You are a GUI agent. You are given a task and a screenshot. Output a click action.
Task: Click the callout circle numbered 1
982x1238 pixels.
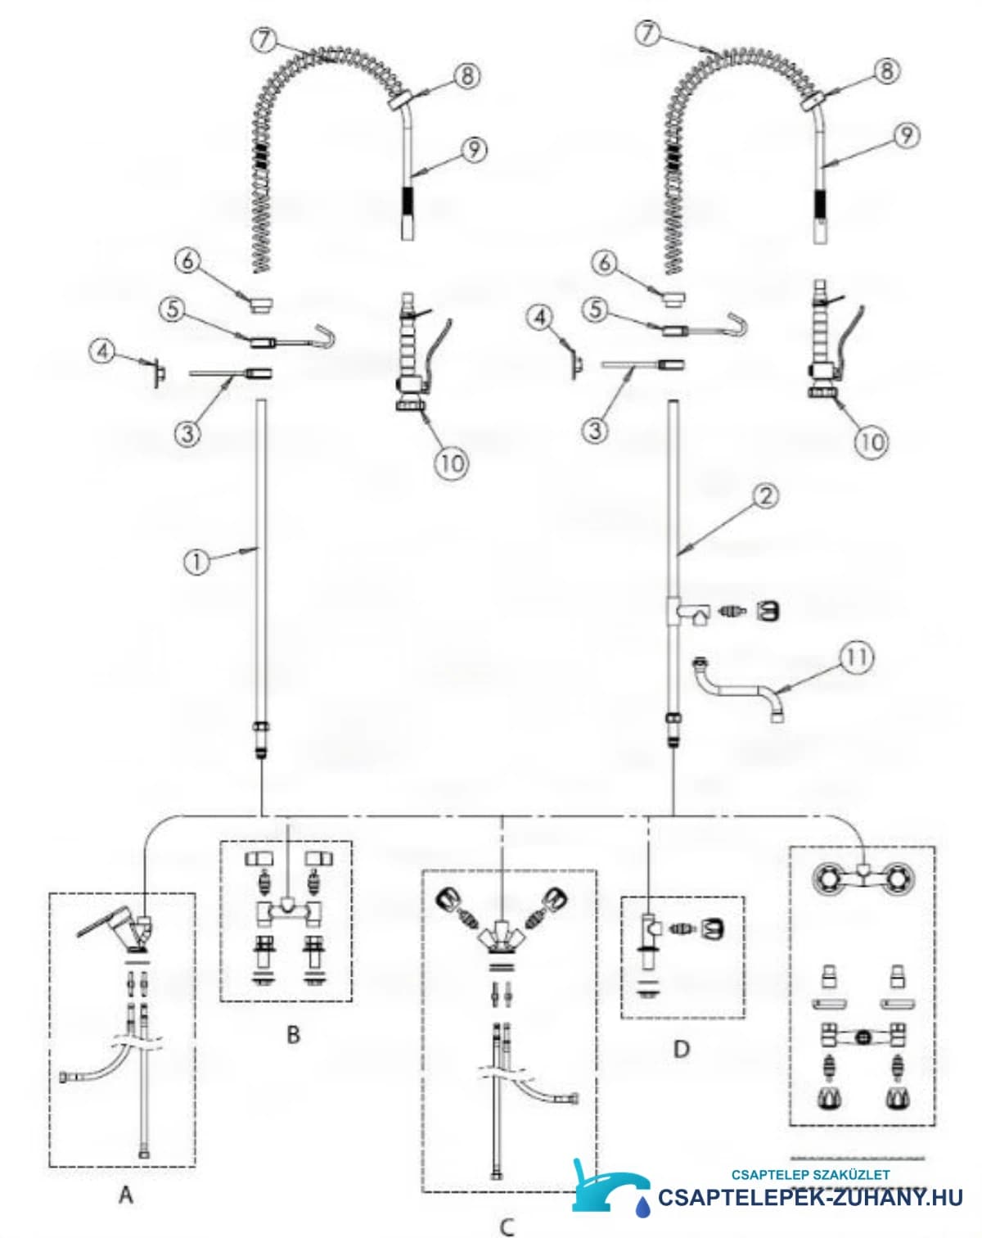[x=196, y=562]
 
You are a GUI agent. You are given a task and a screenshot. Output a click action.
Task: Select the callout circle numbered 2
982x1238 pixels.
[x=767, y=495]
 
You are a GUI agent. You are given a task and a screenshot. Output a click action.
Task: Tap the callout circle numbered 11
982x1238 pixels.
[x=857, y=657]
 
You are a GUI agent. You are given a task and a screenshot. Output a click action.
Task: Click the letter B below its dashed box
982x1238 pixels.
[x=293, y=1035]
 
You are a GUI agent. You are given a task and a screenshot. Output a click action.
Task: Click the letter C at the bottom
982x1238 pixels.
[x=507, y=1227]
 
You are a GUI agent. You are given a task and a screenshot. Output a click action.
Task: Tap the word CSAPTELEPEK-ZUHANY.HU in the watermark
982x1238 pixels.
[x=810, y=1197]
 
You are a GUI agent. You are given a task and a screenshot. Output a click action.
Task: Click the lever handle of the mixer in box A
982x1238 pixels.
[x=102, y=926]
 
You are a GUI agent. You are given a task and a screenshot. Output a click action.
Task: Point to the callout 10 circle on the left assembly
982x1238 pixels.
[x=452, y=462]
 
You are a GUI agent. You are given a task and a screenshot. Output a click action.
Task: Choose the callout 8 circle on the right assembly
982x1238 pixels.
[x=886, y=70]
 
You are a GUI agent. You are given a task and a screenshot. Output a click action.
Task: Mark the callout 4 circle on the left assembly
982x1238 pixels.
[x=103, y=351]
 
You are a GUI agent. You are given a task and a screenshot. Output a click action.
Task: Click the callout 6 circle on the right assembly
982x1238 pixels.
[x=605, y=263]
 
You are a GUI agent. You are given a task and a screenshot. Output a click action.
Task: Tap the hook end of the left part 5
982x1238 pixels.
[x=324, y=336]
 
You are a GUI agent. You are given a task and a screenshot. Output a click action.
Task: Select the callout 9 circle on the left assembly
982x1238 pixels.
[x=474, y=150]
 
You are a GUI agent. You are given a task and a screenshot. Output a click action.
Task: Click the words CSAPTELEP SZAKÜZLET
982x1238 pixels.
[x=811, y=1174]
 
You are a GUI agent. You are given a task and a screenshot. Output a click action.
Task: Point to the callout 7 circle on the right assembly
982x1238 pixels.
[x=649, y=33]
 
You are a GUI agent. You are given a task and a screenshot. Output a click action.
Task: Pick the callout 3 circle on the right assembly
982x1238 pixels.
[x=596, y=430]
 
